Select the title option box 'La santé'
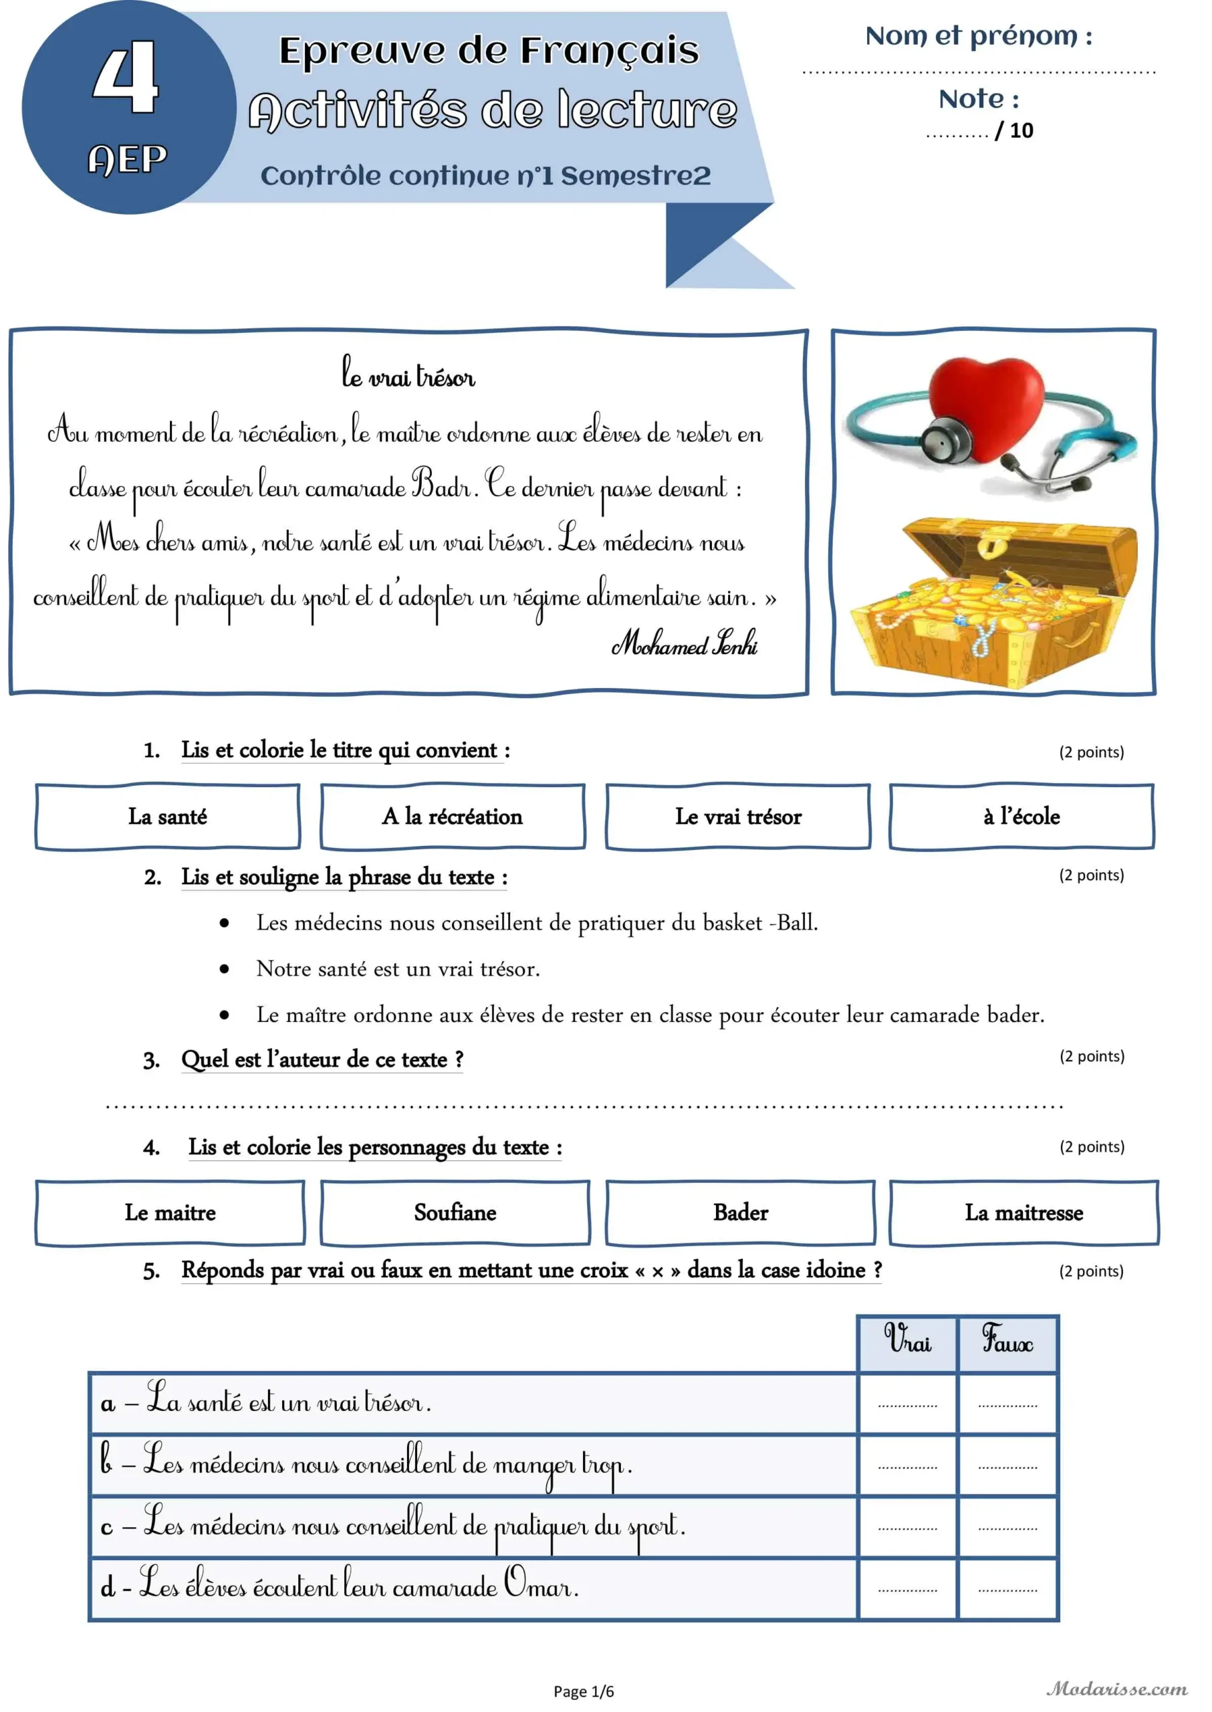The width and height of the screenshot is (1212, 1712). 168,816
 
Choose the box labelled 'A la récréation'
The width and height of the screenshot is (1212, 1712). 453,816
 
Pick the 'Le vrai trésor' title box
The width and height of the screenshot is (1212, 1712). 738,816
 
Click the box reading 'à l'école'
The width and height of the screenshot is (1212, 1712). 1021,816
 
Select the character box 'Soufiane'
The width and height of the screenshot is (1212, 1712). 455,1212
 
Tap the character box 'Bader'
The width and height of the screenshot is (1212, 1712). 740,1212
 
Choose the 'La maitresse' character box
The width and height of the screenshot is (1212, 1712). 1024,1212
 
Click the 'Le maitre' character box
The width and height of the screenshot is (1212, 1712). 170,1212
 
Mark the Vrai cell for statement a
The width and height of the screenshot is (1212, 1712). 908,1404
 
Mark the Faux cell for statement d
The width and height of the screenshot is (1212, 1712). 1007,1589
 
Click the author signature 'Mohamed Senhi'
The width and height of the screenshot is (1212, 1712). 685,643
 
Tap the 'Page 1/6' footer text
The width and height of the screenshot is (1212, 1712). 584,1692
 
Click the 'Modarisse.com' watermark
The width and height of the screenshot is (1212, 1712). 1116,1689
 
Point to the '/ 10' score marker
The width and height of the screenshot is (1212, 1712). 1015,130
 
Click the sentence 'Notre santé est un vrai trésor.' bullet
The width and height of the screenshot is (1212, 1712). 398,969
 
